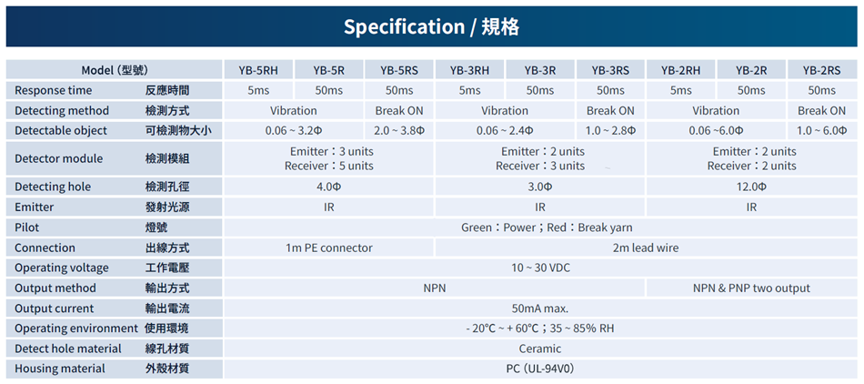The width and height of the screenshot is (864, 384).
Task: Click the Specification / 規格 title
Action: click(431, 26)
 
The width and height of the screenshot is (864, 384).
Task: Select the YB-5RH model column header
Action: click(258, 70)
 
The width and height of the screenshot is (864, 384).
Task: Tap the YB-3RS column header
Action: click(610, 70)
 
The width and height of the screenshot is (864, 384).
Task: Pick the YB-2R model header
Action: click(751, 70)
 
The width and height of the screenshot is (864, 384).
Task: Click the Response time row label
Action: click(54, 90)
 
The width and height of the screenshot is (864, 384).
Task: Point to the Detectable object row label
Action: click(61, 131)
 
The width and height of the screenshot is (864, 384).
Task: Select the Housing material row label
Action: click(60, 369)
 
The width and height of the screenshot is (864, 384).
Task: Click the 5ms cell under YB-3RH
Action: click(469, 90)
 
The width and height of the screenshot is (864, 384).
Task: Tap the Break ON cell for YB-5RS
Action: click(399, 111)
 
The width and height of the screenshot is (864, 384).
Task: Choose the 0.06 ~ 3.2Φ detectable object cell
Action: click(294, 131)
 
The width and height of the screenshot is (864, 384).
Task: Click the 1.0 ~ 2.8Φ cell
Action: click(610, 131)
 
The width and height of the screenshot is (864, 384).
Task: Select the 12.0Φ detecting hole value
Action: click(751, 187)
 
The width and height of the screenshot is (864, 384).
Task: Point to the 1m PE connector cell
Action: click(329, 248)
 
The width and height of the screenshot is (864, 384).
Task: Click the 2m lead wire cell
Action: click(645, 248)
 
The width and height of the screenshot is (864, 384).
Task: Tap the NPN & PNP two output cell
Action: click(751, 288)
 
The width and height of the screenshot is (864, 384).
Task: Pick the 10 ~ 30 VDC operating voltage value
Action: click(540, 268)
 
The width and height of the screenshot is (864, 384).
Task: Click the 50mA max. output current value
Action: click(540, 308)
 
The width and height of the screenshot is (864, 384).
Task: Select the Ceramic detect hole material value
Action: click(540, 349)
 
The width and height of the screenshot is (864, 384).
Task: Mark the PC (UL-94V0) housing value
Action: click(540, 369)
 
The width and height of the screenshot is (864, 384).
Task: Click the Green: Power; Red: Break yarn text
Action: click(547, 227)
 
